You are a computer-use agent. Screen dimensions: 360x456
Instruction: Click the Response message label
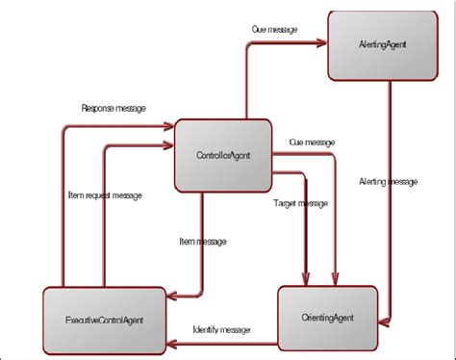click(x=114, y=108)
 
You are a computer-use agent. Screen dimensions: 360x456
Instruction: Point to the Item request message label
click(x=107, y=195)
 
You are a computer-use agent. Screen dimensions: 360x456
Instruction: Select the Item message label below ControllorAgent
click(x=203, y=242)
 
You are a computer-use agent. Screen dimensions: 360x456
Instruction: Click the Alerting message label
click(x=388, y=181)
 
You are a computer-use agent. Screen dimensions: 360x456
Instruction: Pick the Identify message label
click(x=221, y=329)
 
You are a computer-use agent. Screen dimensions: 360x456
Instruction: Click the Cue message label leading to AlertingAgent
click(x=274, y=29)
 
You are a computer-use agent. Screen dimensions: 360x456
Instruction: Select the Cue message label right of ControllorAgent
click(x=312, y=142)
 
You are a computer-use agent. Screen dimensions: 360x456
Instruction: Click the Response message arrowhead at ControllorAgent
click(x=170, y=122)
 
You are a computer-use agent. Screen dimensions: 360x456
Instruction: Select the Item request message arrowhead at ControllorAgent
click(x=170, y=146)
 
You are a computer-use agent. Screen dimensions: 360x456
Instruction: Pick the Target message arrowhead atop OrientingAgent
click(x=305, y=282)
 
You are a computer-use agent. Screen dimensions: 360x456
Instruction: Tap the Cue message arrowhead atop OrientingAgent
click(x=336, y=282)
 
